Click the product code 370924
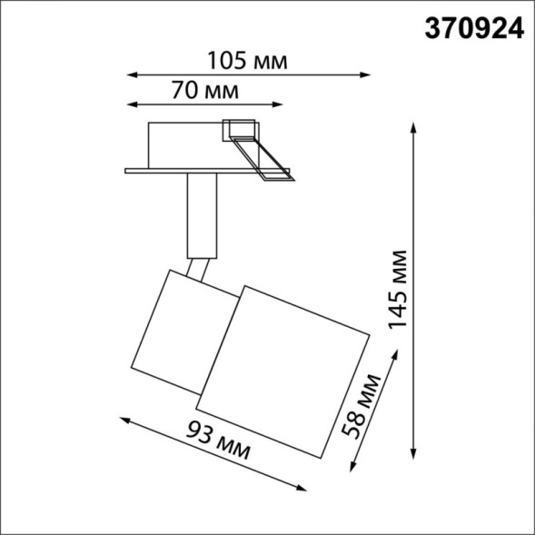tap(474, 30)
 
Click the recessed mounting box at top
tap(186, 144)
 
